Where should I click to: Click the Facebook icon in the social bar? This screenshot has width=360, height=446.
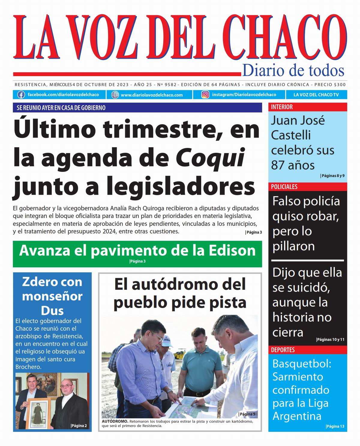point(21,95)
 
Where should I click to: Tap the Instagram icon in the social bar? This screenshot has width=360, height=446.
point(205,95)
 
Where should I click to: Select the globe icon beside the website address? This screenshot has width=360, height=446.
point(115,95)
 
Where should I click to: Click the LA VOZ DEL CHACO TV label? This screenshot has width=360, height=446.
point(316,95)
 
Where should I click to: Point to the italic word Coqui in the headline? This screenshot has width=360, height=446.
point(210,158)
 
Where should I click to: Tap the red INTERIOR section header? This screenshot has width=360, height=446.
point(282,107)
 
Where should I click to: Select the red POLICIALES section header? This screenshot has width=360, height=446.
point(284,187)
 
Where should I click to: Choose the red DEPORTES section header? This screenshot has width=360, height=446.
point(283,350)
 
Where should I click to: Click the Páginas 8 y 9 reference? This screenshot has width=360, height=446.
point(333,176)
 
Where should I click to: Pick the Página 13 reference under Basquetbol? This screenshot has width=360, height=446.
point(335,426)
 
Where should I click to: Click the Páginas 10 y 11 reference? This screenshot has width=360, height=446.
point(330,340)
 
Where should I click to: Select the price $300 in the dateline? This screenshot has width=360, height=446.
point(340,85)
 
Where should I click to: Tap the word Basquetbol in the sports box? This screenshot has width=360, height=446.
point(301,364)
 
